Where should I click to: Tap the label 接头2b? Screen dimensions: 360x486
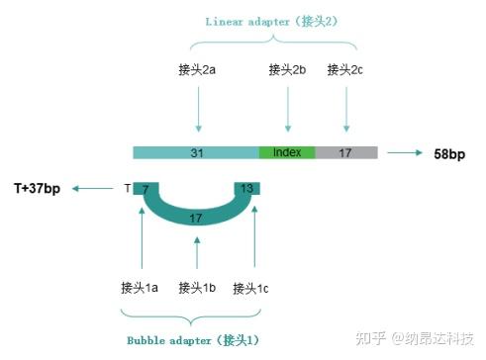coord(288,70)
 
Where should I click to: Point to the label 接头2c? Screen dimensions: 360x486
coord(346,70)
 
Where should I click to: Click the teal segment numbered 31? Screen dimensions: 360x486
coord(196,153)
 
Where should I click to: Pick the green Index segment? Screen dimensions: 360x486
coord(287,153)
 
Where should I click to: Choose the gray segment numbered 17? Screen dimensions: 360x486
coord(346,153)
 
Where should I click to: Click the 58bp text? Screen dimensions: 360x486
coord(449,154)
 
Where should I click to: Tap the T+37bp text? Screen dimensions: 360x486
coord(37,188)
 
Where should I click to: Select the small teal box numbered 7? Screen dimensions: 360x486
coord(145,188)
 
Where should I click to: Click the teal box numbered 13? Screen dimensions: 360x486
coord(247,188)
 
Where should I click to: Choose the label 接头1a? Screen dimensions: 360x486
coord(140,289)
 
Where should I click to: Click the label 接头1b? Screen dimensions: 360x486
coord(197,289)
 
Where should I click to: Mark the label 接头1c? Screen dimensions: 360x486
coord(251,289)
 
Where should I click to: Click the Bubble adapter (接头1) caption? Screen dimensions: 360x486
coord(193,340)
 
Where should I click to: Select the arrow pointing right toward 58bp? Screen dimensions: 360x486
coord(406,153)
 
